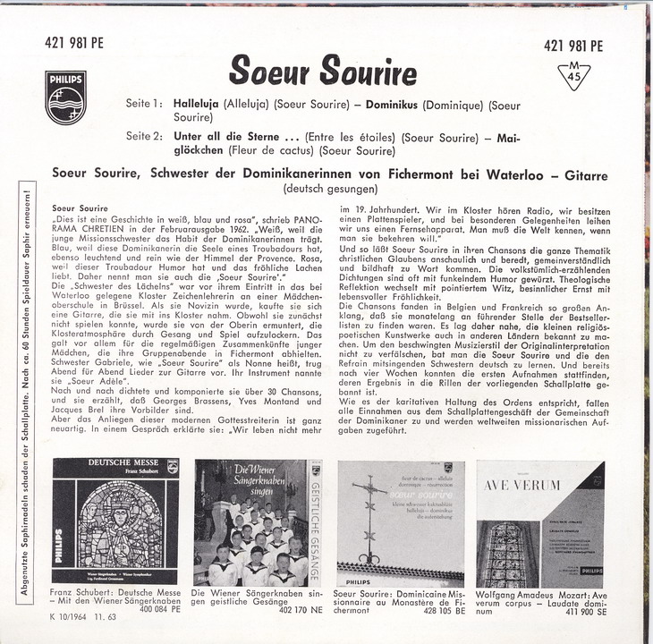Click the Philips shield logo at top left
tap(66, 97)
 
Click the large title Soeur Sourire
tap(323, 71)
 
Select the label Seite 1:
tap(144, 104)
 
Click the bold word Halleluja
tap(196, 104)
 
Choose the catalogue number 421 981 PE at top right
tap(572, 47)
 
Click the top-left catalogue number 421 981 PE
tap(74, 41)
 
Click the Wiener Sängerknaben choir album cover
tap(257, 522)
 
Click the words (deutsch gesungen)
tap(330, 189)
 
